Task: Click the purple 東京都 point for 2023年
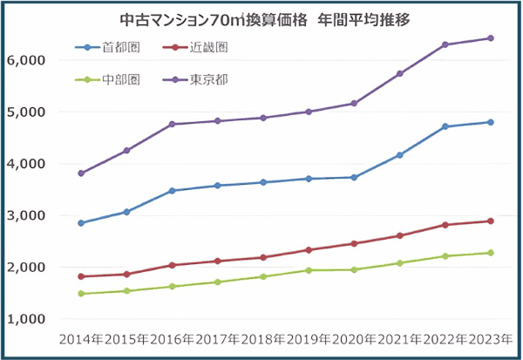(491, 38)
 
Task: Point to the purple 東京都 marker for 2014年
(81, 173)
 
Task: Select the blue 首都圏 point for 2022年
(445, 126)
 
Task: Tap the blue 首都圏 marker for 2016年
(172, 191)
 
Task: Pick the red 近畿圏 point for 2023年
(491, 221)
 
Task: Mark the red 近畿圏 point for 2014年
(81, 276)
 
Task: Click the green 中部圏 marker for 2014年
(81, 294)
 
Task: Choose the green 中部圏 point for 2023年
(491, 253)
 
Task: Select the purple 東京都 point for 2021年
(400, 74)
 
